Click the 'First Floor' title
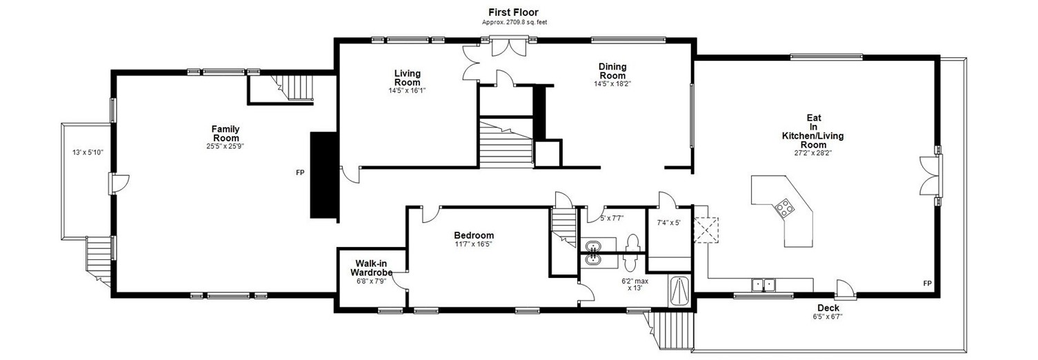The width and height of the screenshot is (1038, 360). click(x=513, y=12)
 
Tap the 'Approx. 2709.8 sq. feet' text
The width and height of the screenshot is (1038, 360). click(x=513, y=22)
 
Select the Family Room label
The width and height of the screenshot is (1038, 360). click(x=226, y=133)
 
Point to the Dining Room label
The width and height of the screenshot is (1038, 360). click(x=612, y=71)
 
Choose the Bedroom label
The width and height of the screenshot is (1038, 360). click(x=473, y=235)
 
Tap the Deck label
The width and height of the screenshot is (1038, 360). click(x=828, y=308)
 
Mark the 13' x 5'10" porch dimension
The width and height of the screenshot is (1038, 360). click(x=88, y=152)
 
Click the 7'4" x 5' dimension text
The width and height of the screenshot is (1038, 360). click(x=668, y=223)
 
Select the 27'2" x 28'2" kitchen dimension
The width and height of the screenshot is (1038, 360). click(x=813, y=154)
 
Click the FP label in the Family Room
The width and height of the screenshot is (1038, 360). click(x=300, y=172)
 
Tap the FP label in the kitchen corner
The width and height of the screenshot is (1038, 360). click(x=927, y=283)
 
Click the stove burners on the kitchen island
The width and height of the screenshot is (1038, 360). click(x=785, y=206)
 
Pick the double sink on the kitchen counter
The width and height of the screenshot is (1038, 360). click(x=763, y=283)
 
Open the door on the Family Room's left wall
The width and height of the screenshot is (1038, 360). click(x=118, y=183)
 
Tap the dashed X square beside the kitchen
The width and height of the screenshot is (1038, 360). click(x=706, y=230)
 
